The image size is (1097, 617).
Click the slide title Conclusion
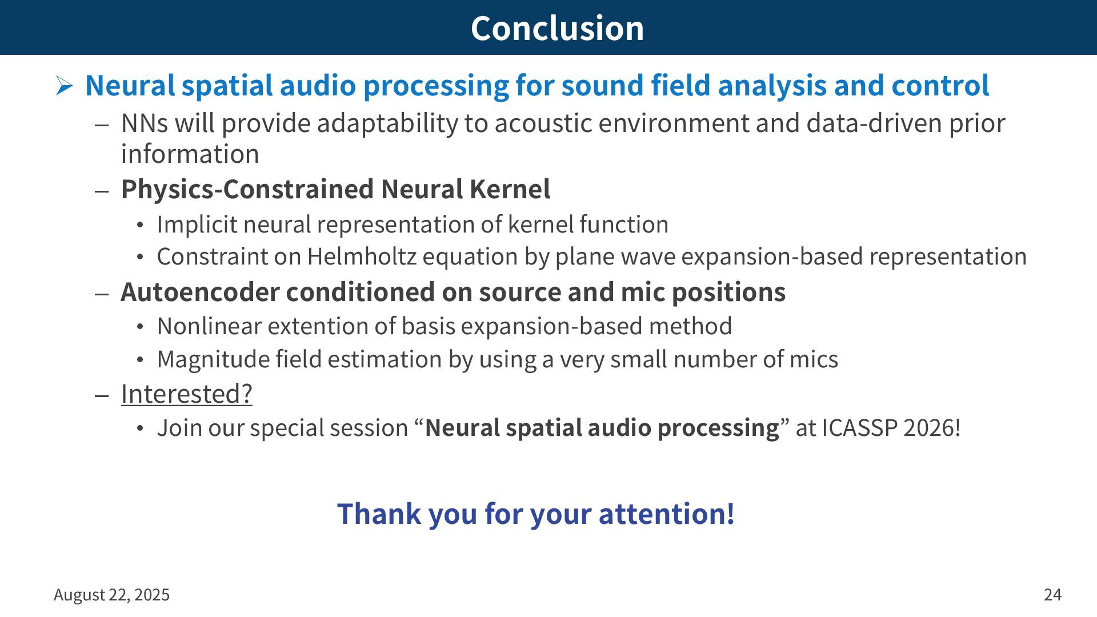point(557,28)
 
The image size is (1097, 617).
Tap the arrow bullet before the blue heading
point(64,86)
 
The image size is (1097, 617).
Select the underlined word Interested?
point(187,394)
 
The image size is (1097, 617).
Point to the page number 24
point(1052,595)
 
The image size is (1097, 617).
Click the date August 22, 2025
point(111,595)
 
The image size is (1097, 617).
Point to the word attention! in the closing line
point(666,513)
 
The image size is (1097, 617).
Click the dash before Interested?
point(102,395)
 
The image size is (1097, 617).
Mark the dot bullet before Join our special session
point(141,428)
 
